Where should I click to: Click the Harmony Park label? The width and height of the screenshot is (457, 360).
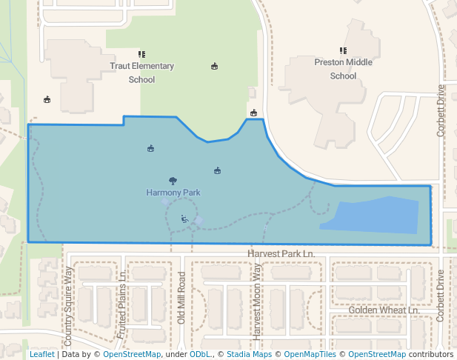coord(173,193)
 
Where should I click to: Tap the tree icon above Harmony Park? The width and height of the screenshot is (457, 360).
coord(173,181)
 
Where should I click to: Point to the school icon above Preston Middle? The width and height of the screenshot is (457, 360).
coord(343,51)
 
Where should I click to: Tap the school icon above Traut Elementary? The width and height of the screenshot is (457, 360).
coord(141,54)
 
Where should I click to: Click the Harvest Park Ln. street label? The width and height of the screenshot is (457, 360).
coord(281,253)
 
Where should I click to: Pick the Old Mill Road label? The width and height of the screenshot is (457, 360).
coord(181,298)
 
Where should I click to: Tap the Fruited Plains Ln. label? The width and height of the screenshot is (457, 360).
coord(122,304)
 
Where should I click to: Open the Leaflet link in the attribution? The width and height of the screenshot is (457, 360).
coord(41,354)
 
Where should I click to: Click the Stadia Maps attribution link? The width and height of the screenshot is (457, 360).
coord(249,354)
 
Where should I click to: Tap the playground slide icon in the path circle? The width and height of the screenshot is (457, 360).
coord(184,219)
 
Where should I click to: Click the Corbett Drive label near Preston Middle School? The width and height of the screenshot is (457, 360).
coord(441,109)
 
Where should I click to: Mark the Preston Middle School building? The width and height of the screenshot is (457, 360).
coord(330,96)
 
